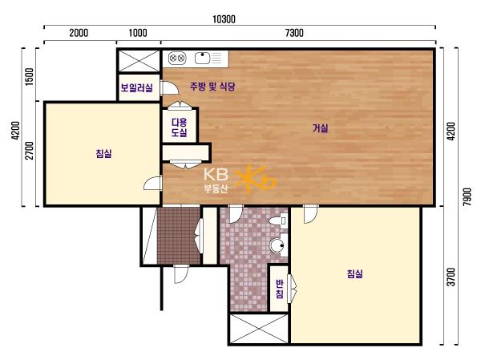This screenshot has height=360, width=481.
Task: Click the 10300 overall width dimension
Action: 224,19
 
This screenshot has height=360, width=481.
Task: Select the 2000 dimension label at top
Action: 79,33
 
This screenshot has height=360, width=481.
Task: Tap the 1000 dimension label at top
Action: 138,33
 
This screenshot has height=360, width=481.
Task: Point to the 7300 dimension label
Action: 294,33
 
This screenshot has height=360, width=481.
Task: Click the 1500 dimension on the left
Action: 30,76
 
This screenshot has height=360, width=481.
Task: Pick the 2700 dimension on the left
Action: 30,151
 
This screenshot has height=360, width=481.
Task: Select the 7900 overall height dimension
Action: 467,196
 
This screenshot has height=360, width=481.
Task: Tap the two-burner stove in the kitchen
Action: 177,58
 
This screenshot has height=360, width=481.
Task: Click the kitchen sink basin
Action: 202,58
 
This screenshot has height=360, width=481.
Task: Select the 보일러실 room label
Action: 136,87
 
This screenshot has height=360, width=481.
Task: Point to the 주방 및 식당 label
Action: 212,87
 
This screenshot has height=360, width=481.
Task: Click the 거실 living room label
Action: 320,128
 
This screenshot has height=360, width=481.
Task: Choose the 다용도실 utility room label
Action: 179,127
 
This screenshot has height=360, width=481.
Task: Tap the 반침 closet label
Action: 279,289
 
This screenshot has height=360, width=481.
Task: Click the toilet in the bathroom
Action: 278,220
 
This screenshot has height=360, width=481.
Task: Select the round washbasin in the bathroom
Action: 278,245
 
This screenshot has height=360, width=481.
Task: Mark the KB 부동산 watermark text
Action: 216,181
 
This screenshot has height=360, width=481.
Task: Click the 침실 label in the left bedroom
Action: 103,153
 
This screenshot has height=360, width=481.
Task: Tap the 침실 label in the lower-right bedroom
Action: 354,273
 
